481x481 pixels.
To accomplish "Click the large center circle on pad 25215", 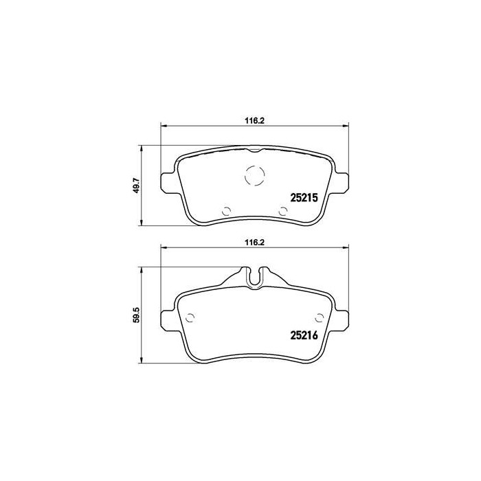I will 254,177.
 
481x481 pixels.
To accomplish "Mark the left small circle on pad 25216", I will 192,317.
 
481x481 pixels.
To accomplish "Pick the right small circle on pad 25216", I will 317,317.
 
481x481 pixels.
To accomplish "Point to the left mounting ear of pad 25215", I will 167,181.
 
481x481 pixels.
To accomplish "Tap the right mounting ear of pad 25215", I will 342,181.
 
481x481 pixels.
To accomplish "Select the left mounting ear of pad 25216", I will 167,320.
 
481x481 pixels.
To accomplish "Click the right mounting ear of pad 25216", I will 342,320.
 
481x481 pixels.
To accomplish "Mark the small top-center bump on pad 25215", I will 254,149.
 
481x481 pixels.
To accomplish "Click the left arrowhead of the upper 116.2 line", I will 163,125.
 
